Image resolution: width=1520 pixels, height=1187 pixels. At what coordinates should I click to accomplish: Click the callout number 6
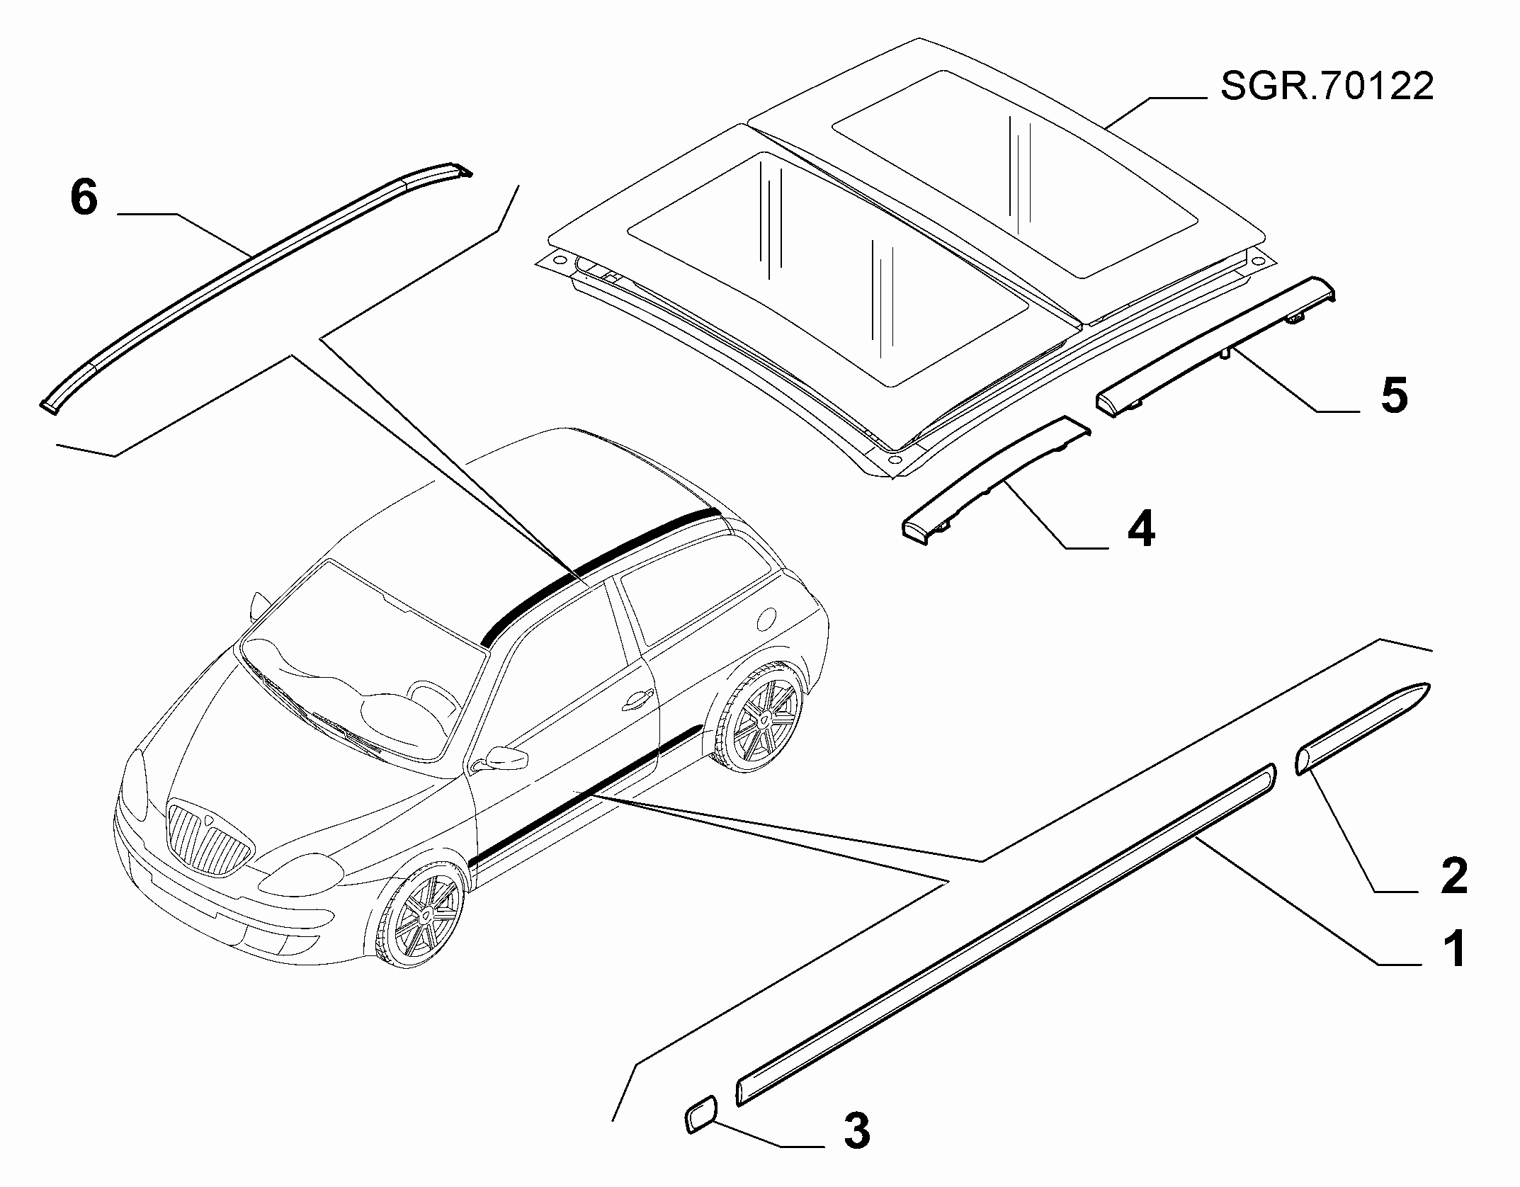84,198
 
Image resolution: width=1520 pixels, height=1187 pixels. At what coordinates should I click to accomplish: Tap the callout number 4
1140,529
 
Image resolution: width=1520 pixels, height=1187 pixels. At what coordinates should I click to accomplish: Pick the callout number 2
1453,876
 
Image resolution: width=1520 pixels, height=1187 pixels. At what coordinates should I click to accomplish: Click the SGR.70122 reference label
1327,87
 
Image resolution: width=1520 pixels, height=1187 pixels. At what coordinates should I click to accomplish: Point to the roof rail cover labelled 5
1215,346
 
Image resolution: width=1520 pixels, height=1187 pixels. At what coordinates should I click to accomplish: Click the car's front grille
210,838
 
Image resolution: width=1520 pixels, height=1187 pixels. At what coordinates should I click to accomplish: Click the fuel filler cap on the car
769,618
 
